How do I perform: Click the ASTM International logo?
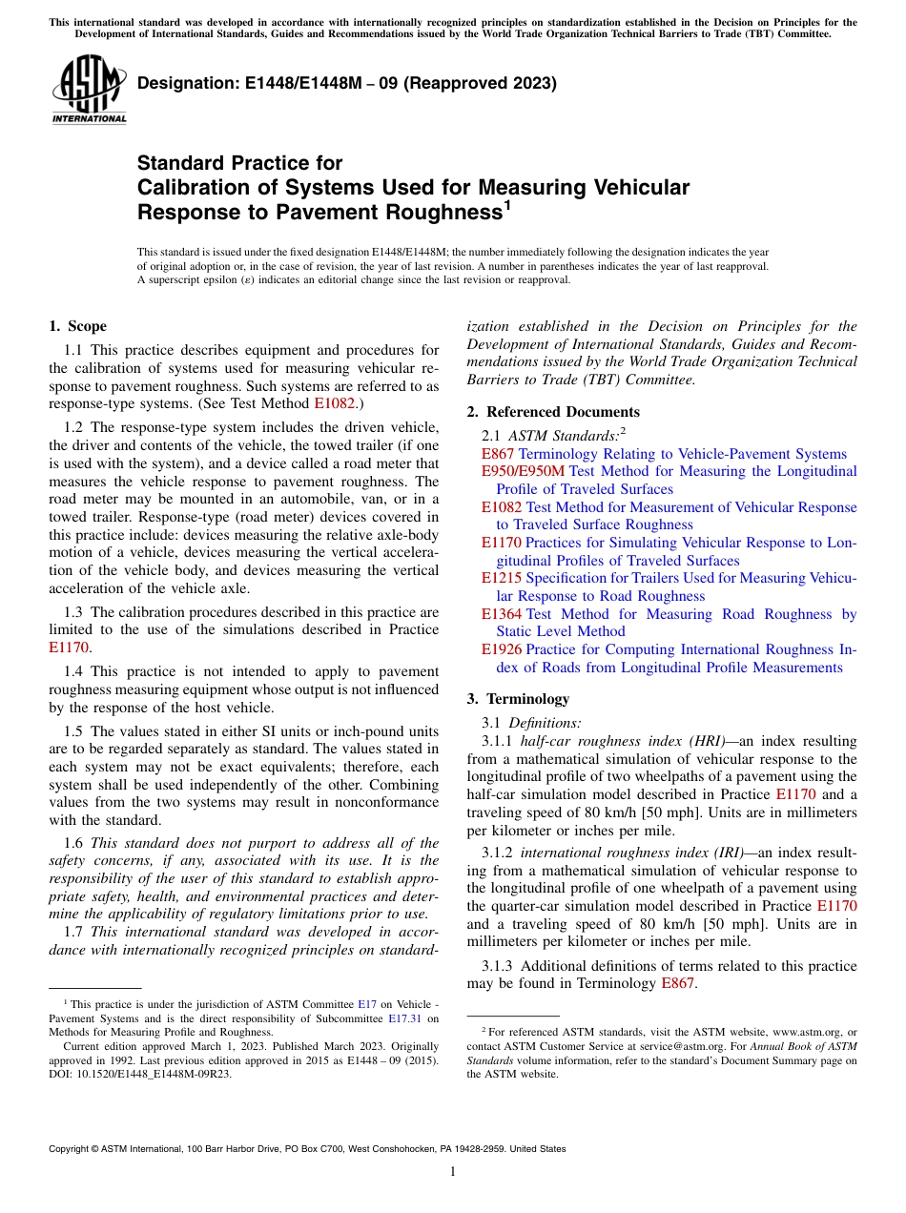pyautogui.click(x=89, y=90)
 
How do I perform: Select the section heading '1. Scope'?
pyautogui.click(x=77, y=326)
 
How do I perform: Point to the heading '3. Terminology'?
pyautogui.click(x=518, y=698)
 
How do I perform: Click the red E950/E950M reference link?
pyautogui.click(x=523, y=471)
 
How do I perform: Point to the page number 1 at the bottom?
pyautogui.click(x=453, y=1171)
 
